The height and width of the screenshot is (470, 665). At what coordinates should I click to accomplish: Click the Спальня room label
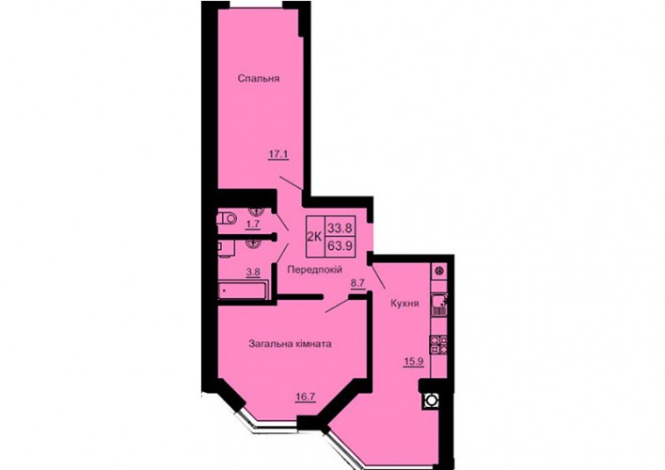point(259,78)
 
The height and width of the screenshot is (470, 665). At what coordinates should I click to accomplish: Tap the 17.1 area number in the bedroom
point(278,154)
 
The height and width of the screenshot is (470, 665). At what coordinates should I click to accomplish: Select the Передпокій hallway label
point(315,270)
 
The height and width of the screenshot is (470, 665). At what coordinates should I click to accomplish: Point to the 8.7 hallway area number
point(357,283)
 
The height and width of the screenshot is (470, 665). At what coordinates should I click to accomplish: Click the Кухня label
point(404,304)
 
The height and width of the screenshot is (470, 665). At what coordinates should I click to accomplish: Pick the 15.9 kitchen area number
point(414,362)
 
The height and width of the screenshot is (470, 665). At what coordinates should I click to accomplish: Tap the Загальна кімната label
point(290,344)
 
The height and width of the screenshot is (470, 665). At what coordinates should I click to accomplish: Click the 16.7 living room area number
point(306,397)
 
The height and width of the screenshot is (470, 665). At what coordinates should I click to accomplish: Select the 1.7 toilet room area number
point(253,225)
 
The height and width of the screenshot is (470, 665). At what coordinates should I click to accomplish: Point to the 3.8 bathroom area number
point(253,273)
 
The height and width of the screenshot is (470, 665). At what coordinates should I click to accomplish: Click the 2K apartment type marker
point(314,237)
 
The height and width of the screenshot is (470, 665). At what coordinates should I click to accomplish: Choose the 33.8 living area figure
point(340,228)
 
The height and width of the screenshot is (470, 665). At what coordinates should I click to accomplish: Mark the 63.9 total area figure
point(340,245)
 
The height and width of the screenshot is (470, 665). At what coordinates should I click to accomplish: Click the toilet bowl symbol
point(227,219)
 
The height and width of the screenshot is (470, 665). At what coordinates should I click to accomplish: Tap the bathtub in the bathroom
point(243,290)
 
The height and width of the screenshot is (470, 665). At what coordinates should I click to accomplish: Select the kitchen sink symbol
point(439,304)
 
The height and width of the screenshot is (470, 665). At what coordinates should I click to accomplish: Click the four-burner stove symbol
point(439,344)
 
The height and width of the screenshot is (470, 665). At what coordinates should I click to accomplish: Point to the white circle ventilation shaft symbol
point(432,400)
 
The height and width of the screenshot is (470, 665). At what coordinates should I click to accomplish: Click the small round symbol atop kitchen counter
point(440,270)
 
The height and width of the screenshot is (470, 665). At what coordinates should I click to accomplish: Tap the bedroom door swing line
point(292,182)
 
